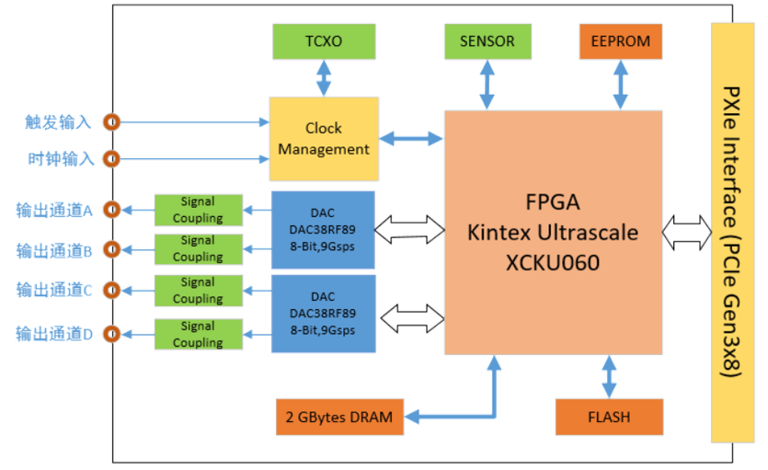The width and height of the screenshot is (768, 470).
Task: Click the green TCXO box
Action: (323, 41)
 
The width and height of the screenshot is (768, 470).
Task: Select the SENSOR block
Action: (487, 41)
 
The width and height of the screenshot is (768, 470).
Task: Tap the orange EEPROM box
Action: (620, 41)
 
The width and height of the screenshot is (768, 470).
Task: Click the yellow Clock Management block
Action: (323, 139)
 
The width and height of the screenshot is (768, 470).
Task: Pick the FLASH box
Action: (609, 417)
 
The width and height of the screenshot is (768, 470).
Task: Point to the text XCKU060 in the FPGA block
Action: (552, 263)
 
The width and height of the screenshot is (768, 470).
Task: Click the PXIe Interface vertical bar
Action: (732, 233)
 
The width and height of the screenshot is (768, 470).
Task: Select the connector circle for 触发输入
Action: (111, 121)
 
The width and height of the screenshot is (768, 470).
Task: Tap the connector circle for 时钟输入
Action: (111, 159)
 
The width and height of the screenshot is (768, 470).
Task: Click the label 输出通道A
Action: (54, 210)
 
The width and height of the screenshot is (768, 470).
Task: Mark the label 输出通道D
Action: (54, 334)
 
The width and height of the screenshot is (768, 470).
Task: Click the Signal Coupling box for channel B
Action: (198, 248)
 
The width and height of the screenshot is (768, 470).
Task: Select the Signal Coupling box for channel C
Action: (198, 291)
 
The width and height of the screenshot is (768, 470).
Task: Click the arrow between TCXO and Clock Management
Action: (324, 78)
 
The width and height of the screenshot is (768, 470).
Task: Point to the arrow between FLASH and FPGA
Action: (609, 376)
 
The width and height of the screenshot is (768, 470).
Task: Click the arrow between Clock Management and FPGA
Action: (411, 139)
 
